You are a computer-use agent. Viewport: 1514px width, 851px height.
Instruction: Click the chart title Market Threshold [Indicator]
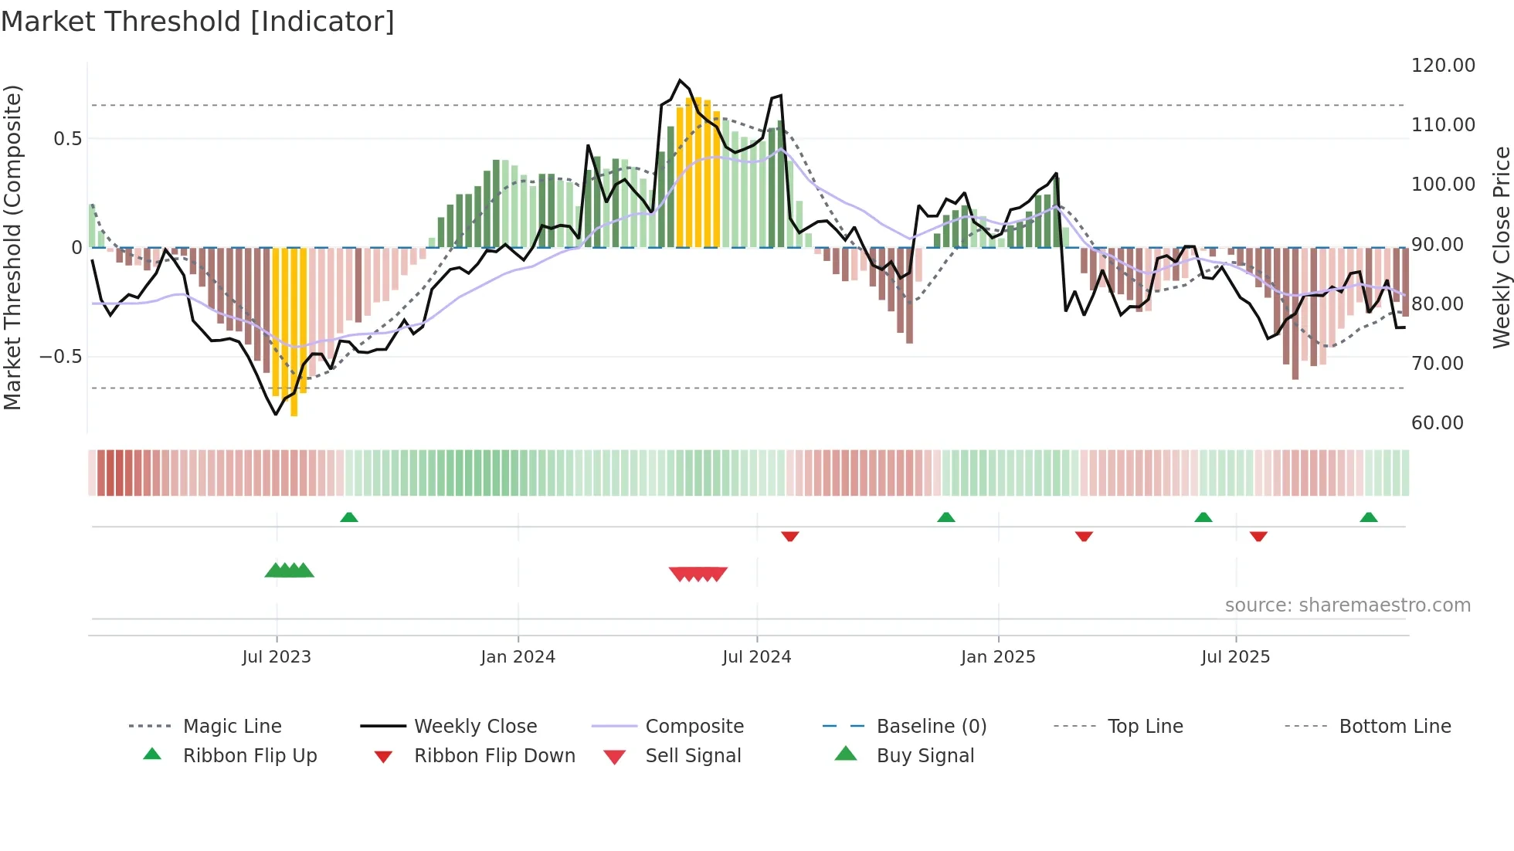point(198,22)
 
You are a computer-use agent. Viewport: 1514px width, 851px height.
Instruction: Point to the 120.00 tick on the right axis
point(1443,66)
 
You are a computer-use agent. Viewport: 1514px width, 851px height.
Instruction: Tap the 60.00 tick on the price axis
point(1437,423)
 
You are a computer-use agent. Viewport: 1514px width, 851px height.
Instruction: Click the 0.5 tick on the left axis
point(67,139)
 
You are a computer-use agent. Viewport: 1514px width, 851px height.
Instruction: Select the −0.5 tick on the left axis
point(60,357)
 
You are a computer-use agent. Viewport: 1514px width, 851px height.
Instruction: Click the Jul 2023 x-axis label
point(277,657)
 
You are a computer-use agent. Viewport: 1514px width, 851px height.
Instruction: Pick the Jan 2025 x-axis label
point(998,657)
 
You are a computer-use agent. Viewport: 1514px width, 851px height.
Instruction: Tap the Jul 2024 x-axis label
point(757,657)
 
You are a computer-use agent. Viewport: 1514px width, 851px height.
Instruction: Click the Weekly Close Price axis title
point(1501,247)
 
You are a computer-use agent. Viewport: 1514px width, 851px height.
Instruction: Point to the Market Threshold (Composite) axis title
point(12,247)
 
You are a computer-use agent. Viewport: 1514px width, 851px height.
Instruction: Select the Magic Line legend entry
point(232,727)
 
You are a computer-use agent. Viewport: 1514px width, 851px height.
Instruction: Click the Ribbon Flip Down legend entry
point(494,756)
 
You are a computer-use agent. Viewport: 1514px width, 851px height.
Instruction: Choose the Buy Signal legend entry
point(925,756)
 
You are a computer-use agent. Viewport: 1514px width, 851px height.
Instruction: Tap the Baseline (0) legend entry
point(931,727)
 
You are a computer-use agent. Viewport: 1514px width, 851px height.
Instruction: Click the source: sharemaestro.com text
point(1347,605)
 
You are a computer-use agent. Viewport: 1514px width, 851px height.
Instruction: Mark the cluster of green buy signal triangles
point(290,571)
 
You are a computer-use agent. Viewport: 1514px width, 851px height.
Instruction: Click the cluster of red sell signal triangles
point(698,574)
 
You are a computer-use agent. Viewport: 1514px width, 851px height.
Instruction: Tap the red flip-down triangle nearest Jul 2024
point(789,536)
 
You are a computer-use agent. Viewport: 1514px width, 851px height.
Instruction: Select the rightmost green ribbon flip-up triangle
point(1369,517)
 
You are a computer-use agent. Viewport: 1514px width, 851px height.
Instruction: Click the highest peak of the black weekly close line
point(680,80)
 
